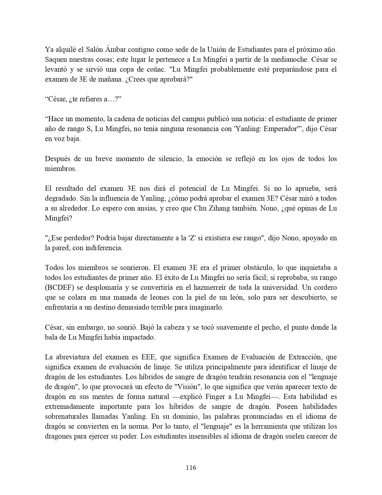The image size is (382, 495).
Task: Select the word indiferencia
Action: (x=104, y=248)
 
